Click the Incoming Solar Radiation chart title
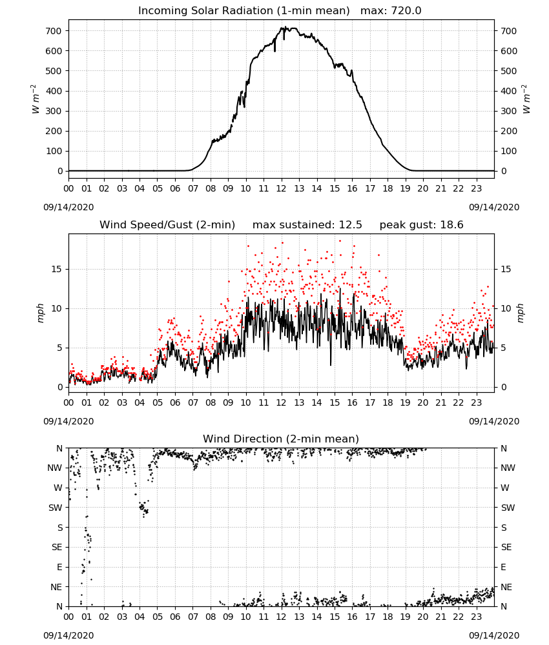[243, 11]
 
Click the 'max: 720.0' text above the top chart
[391, 11]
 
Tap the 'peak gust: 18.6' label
[421, 225]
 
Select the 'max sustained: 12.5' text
[307, 225]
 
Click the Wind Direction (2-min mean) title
[281, 439]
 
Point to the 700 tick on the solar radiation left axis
[54, 31]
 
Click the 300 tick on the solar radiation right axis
[509, 111]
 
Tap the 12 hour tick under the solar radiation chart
[282, 188]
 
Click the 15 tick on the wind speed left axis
[57, 269]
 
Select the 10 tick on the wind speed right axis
[506, 308]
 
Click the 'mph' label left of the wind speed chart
[40, 313]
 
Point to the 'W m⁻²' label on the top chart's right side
[527, 99]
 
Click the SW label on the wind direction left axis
[55, 508]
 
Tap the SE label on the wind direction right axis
[506, 547]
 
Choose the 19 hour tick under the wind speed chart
[405, 402]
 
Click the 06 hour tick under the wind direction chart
[175, 616]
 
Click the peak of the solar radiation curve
[282, 27]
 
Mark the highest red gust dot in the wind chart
[340, 241]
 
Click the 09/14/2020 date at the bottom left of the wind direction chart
[68, 635]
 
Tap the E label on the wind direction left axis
[59, 567]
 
